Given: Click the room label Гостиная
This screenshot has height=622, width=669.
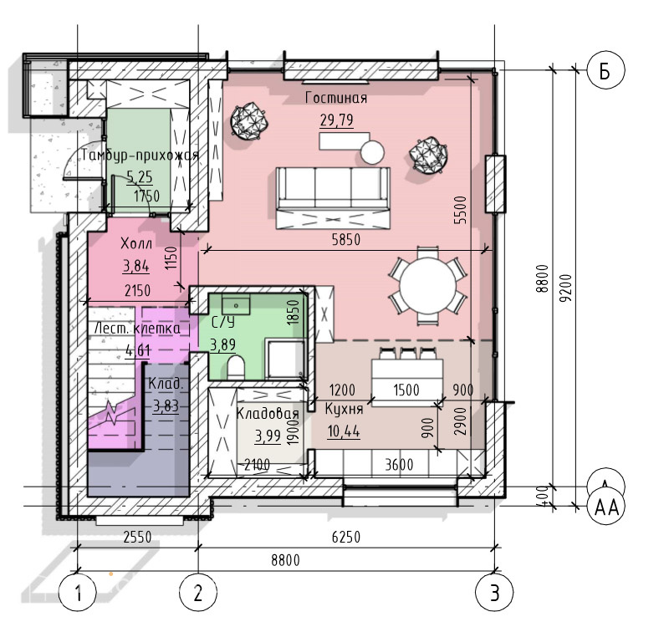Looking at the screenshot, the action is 336,98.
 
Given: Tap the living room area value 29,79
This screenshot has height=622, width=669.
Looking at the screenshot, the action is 337,120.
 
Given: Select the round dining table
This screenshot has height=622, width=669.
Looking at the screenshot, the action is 427,285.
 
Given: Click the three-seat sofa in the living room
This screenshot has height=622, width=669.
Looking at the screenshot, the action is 333,197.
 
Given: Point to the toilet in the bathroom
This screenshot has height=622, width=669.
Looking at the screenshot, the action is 236,367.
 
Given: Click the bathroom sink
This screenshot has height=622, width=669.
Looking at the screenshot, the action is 236,306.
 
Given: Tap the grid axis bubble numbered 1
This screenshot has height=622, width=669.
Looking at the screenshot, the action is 77,592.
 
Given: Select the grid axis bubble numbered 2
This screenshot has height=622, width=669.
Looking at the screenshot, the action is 198,592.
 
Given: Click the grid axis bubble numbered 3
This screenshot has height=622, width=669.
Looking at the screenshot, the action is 494,592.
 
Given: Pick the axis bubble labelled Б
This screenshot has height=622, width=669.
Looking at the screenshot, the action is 605,70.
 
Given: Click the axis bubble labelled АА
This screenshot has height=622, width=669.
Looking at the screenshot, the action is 606,507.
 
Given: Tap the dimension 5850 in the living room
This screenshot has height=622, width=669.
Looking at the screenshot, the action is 346,239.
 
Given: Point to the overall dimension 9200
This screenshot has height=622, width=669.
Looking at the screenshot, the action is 566,288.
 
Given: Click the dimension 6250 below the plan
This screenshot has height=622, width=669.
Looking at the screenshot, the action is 346,536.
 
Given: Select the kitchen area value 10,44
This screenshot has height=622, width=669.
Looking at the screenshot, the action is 344,431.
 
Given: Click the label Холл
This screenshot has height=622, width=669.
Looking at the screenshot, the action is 136,243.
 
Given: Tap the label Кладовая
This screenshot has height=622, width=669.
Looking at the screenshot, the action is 268,413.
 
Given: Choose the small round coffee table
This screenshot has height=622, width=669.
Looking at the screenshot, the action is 372,152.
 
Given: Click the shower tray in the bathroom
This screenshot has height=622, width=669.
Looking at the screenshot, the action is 284,359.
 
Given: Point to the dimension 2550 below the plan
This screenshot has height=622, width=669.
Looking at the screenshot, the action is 137,536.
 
